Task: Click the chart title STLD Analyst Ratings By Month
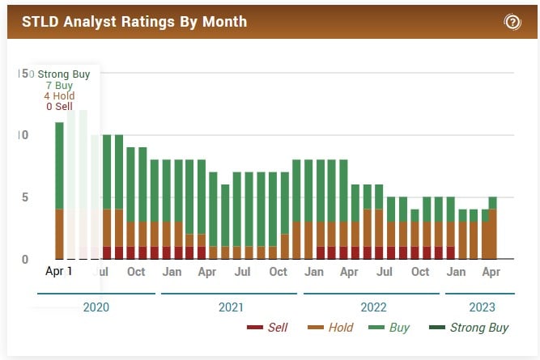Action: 134,21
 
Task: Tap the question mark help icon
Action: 512,22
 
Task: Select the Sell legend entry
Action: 266,328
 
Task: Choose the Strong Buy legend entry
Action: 469,328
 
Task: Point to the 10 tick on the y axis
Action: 23,135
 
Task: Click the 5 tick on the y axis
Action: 25,197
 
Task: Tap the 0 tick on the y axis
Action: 25,260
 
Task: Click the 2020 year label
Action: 96,307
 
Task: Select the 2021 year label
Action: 232,307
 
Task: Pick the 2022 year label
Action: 373,307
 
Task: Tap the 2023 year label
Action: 482,307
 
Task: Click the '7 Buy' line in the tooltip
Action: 59,85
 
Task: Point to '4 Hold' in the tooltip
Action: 59,96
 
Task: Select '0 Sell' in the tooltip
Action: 59,107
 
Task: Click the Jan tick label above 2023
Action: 456,272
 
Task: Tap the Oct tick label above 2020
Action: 136,272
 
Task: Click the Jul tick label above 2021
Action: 243,272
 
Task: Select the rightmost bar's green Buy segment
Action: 493,203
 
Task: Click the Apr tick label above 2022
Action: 349,272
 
